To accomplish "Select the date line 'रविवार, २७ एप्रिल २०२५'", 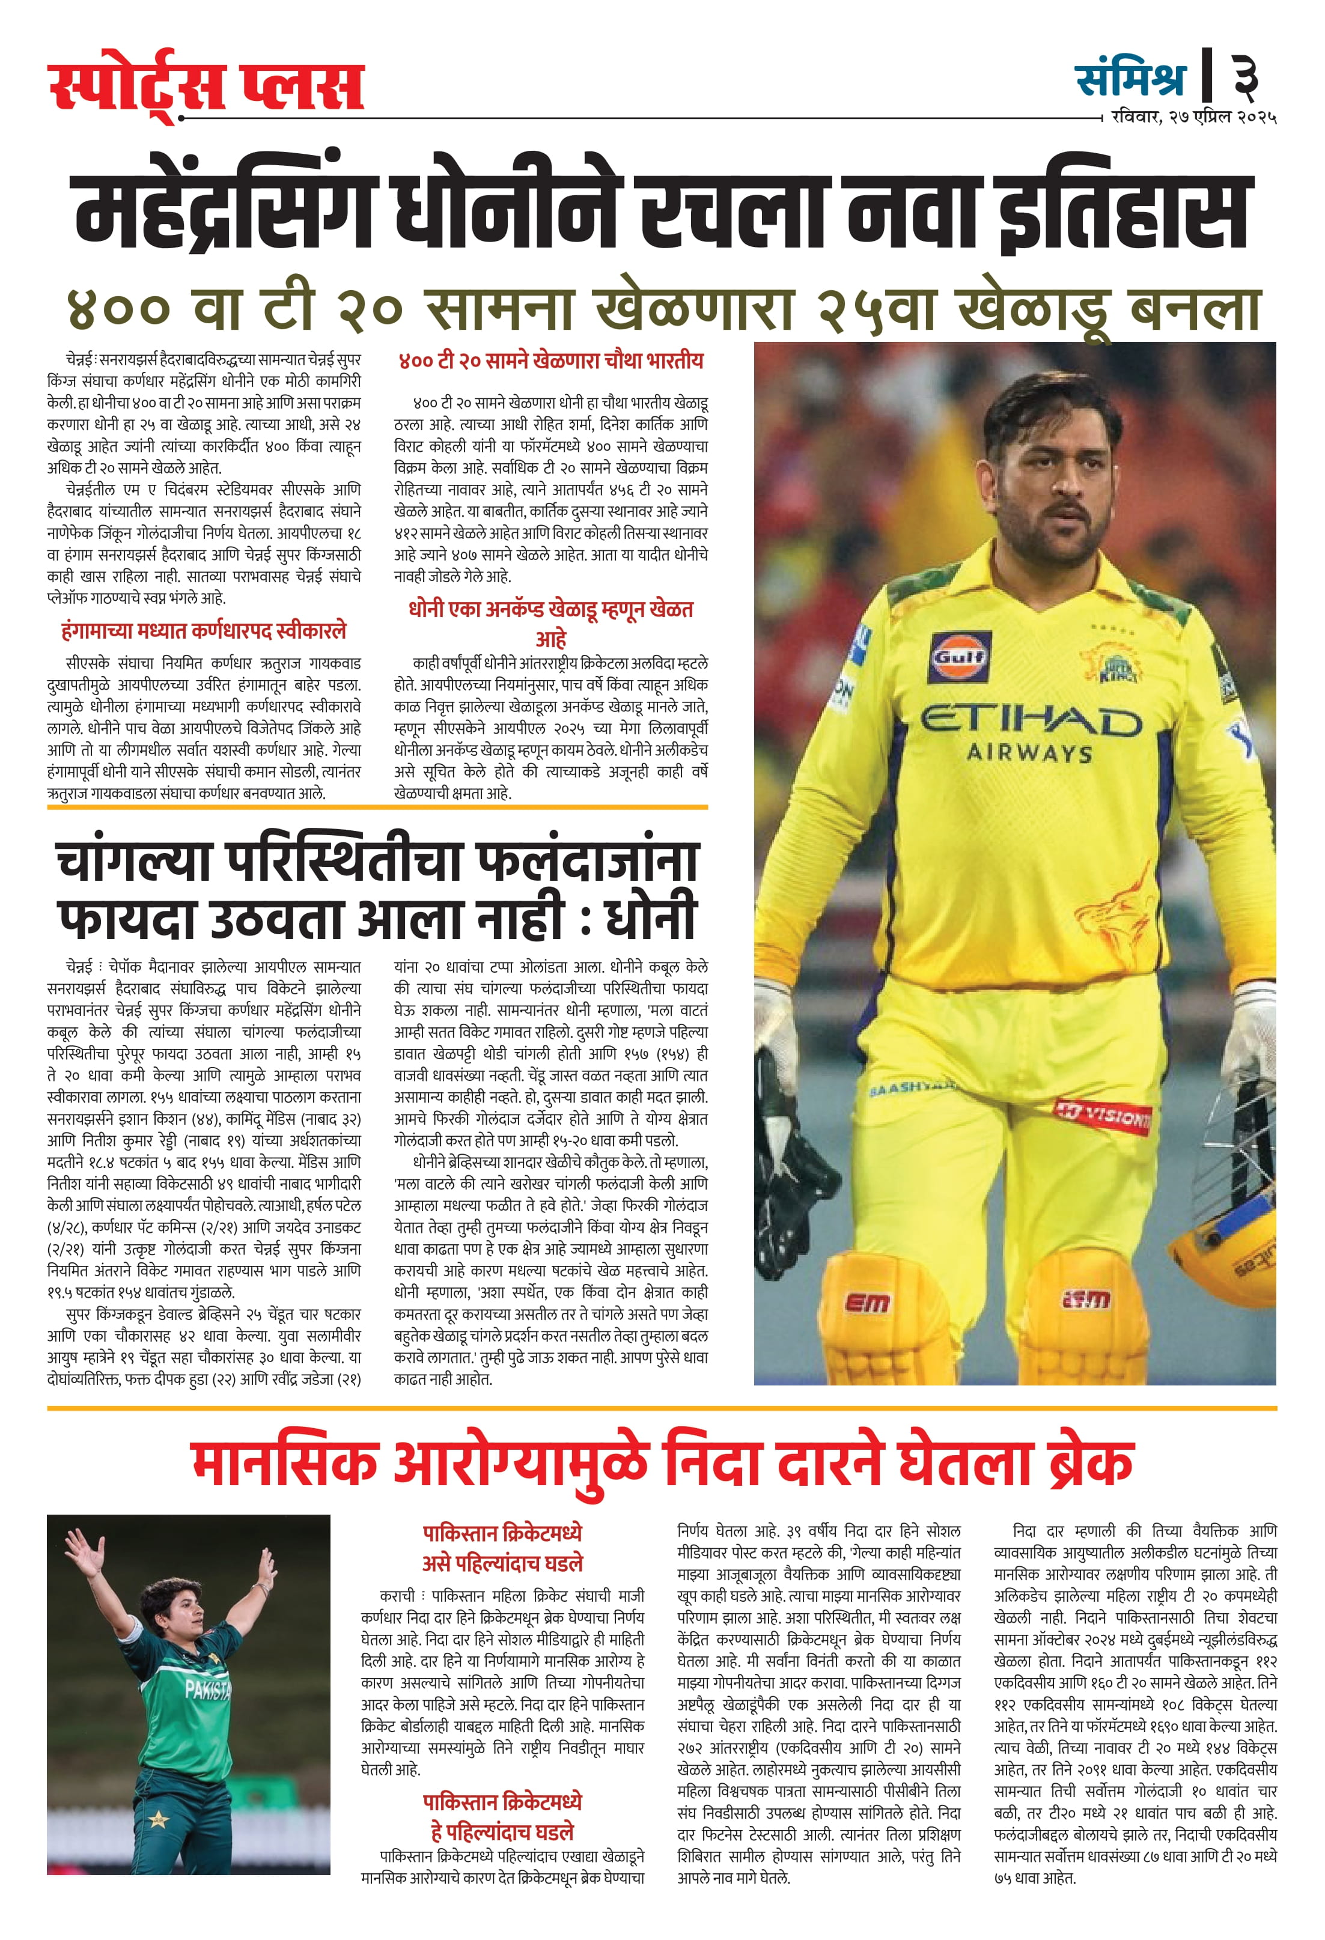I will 1193,117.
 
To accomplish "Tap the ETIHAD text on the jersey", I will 1031,720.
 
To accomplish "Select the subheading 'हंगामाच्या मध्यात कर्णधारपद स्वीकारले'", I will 204,631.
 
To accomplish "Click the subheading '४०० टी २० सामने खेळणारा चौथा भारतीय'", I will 551,360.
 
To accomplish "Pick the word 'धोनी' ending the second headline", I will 650,917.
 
